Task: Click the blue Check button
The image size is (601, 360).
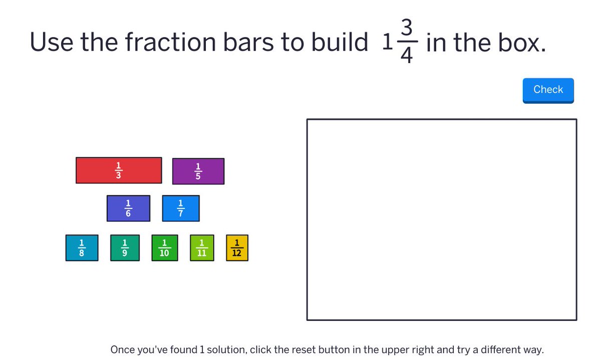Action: pyautogui.click(x=548, y=90)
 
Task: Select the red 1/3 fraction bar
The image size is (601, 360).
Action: pyautogui.click(x=119, y=171)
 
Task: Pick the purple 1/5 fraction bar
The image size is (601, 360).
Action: pyautogui.click(x=198, y=171)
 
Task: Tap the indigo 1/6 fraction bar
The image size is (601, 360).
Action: pyautogui.click(x=128, y=208)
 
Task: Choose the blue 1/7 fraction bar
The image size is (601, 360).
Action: pyautogui.click(x=181, y=208)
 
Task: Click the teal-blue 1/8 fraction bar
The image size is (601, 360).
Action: pyautogui.click(x=82, y=248)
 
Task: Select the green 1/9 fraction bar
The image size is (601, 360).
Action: pyautogui.click(x=125, y=248)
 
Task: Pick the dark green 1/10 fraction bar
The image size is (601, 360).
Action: pyautogui.click(x=164, y=248)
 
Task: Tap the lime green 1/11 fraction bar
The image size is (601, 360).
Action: pyautogui.click(x=202, y=248)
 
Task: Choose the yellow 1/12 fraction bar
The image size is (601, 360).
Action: pyautogui.click(x=237, y=248)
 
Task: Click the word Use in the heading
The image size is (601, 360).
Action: pyautogui.click(x=52, y=43)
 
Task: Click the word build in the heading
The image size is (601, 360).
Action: pyautogui.click(x=340, y=43)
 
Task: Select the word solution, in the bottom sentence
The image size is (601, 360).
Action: pyautogui.click(x=226, y=349)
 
